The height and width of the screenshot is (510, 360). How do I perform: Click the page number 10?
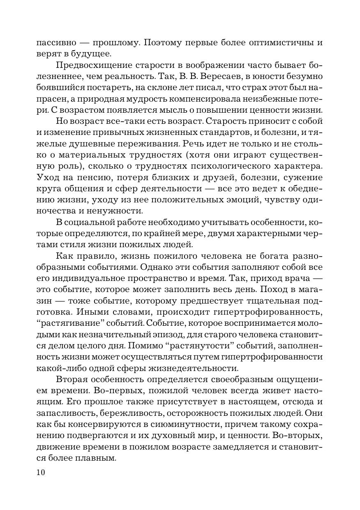[x=40, y=473]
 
